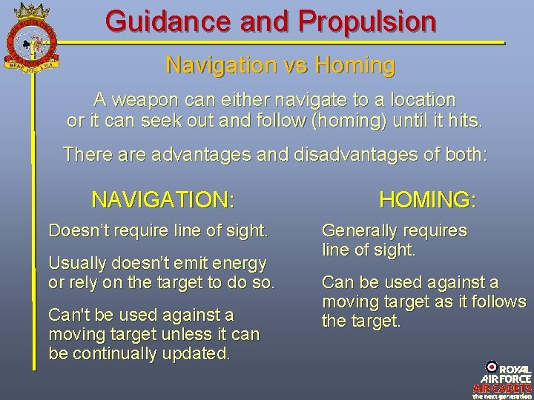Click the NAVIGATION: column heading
(162, 199)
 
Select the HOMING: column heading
(427, 199)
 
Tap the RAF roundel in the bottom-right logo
(492, 367)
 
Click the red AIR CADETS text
(502, 387)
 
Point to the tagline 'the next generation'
(502, 396)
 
